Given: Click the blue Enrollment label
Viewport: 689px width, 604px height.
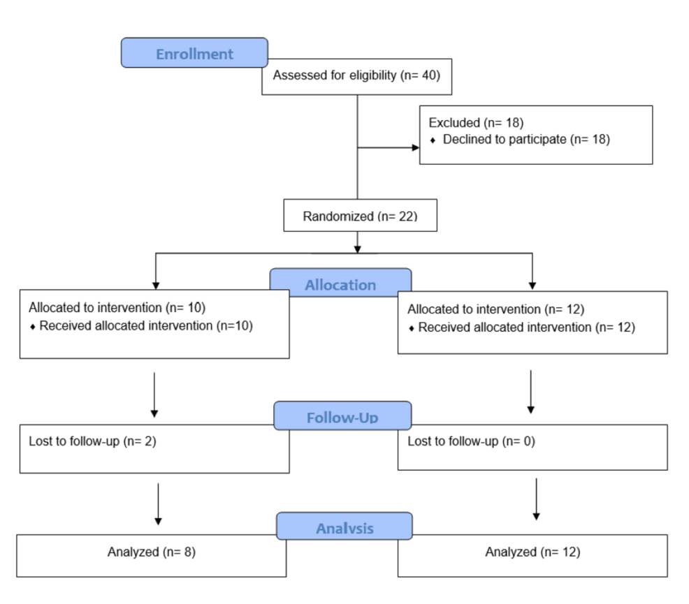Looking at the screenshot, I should pyautogui.click(x=194, y=54).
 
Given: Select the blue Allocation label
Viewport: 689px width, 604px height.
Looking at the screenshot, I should pyautogui.click(x=340, y=285).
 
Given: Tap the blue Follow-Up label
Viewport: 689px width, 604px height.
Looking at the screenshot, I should pyautogui.click(x=342, y=418).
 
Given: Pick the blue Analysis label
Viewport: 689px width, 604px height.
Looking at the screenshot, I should pyautogui.click(x=344, y=528).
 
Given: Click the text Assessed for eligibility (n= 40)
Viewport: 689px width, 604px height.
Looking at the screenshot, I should pyautogui.click(x=356, y=75).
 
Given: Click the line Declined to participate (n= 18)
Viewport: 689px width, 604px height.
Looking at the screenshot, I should pyautogui.click(x=526, y=139).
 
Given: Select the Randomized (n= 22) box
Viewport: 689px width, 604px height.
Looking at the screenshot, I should pyautogui.click(x=360, y=216).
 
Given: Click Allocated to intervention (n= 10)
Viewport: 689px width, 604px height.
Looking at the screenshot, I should pyautogui.click(x=117, y=307).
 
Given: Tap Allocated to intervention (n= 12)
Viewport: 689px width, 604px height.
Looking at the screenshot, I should pyautogui.click(x=495, y=309).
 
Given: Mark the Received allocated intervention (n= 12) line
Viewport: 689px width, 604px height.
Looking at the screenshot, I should pyautogui.click(x=526, y=327).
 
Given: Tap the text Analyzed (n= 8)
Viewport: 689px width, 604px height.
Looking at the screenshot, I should pyautogui.click(x=151, y=552).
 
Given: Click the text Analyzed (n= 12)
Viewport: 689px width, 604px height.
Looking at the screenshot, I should pyautogui.click(x=532, y=552).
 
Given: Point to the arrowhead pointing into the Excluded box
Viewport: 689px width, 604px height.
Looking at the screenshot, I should pyautogui.click(x=414, y=148).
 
